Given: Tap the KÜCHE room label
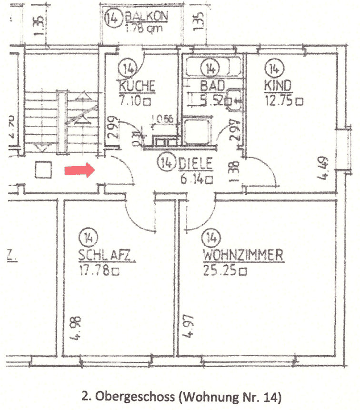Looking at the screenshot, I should coord(137,87).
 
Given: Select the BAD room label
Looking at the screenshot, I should coord(212,86).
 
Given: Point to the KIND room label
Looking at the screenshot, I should coord(279,86).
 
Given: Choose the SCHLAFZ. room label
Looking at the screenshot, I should coord(108,256).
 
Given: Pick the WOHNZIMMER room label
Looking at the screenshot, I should coord(243,256).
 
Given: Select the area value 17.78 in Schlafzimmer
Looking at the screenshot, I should coord(94,271).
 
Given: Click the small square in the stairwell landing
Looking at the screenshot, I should coord(44,170).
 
